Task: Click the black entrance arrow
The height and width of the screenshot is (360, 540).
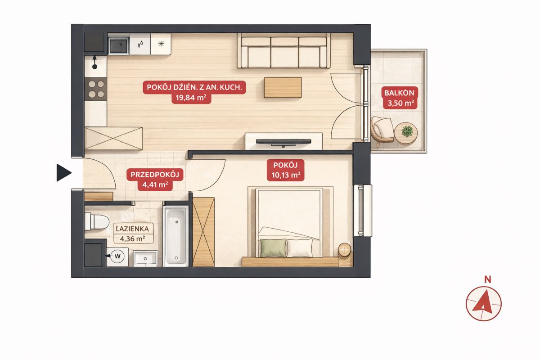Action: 63,173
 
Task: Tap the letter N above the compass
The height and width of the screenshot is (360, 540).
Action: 488,280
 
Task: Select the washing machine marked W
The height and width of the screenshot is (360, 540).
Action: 117,257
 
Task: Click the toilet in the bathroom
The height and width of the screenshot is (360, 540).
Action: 96,221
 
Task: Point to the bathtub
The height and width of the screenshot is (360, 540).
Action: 176,236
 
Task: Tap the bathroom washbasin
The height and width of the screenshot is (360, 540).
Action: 145,258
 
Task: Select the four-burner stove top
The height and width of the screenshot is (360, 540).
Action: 96,89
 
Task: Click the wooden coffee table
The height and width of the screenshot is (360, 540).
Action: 283,88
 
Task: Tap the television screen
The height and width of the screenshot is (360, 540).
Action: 283,142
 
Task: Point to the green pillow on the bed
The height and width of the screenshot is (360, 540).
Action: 274,248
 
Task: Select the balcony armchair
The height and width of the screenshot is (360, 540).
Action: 382,130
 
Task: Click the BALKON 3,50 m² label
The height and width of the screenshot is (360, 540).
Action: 399,98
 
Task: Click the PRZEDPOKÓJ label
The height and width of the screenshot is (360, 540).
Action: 155,175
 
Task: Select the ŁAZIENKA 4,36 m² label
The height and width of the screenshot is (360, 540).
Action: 132,234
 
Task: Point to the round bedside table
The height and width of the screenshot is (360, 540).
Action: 345,251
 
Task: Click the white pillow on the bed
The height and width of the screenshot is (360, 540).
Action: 300,247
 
